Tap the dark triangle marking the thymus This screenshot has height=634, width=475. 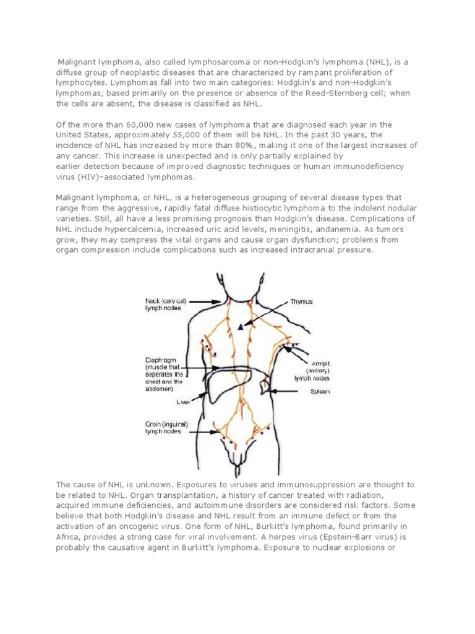(x=241, y=328)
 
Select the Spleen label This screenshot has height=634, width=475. (x=319, y=392)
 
